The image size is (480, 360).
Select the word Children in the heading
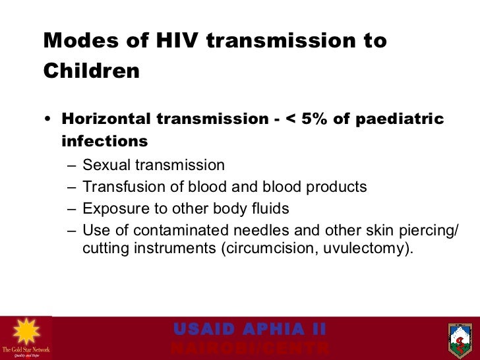click(x=92, y=71)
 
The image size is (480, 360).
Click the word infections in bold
click(x=104, y=142)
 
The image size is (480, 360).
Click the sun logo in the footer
click(x=26, y=332)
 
